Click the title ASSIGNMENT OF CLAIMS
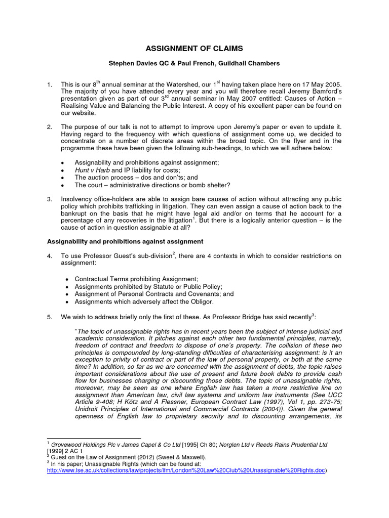click(194, 49)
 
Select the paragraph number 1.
click(49, 84)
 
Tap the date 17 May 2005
click(314, 84)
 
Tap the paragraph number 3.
click(49, 199)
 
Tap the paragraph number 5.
click(49, 317)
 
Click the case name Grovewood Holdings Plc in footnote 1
click(87, 444)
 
